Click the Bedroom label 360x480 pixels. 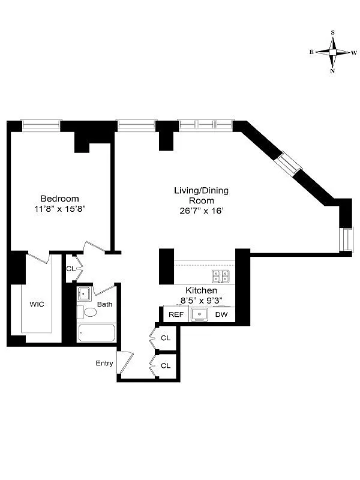pos(59,199)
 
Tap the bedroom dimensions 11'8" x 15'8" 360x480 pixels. pos(59,209)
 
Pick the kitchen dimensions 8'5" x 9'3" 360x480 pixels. pos(201,301)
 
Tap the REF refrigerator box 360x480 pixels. pos(176,314)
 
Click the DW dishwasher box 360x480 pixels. pos(221,314)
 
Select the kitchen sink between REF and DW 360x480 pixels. pos(199,314)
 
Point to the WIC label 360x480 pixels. pos(37,304)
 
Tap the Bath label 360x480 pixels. pos(105,304)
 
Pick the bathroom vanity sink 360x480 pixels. pos(84,294)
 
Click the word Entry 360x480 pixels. pos(104,363)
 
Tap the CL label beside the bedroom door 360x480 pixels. pos(71,269)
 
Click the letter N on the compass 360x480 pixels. pos(332,71)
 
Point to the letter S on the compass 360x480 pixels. pos(332,33)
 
